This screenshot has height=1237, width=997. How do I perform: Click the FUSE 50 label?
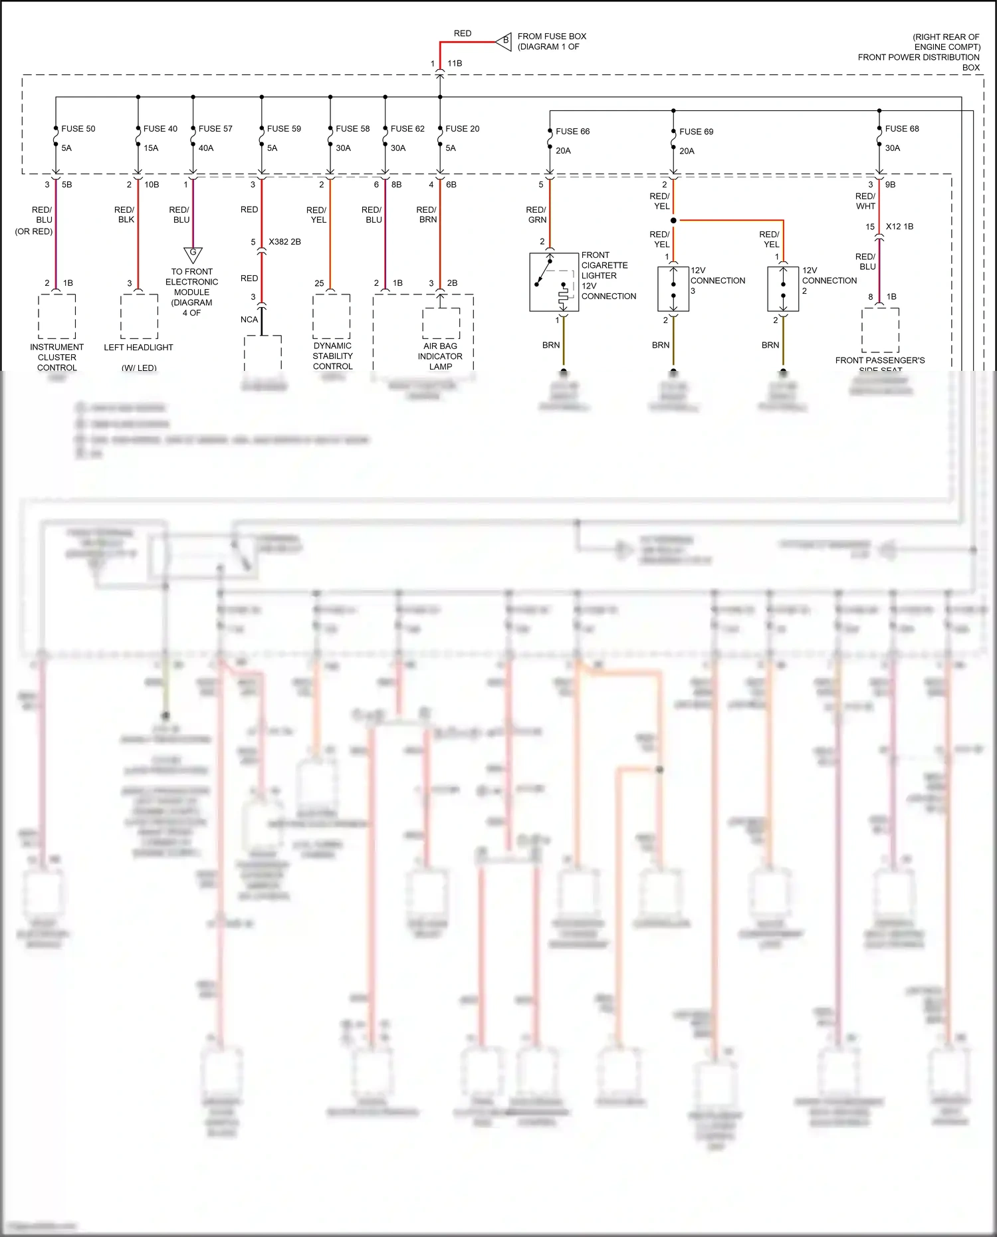78,129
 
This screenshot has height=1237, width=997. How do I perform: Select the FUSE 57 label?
215,129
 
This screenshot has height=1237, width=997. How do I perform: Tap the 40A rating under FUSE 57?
206,148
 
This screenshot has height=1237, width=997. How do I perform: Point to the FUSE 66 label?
572,132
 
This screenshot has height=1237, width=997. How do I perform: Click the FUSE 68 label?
902,129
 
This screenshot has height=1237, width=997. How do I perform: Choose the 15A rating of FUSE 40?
151,148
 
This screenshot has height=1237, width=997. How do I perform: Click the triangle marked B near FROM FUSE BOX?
504,41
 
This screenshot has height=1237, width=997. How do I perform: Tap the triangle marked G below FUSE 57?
193,254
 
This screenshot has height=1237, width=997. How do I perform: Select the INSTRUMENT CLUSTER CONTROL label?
57,357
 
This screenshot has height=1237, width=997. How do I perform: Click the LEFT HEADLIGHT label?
138,348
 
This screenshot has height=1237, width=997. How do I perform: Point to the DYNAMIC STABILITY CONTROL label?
332,356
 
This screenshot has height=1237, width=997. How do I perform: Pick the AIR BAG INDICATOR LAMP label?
440,356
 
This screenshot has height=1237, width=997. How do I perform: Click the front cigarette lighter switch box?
554,282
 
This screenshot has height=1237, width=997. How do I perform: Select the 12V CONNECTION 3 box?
673,288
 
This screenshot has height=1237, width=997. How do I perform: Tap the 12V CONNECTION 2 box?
783,288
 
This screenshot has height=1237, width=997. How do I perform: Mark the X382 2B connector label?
284,242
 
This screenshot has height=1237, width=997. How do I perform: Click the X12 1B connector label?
899,227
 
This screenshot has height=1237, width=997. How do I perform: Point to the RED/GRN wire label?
536,215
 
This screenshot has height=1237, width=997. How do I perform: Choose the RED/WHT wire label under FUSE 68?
865,201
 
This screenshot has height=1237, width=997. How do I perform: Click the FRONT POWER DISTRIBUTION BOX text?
919,58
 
